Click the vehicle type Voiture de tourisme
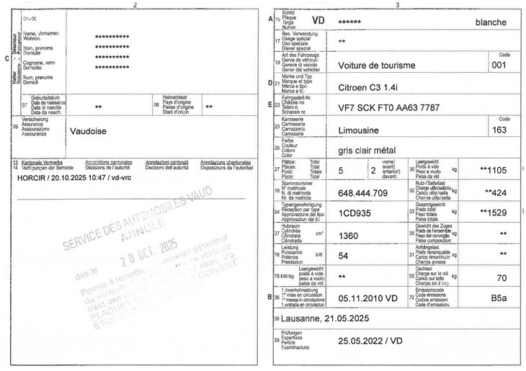377,65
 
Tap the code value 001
499,65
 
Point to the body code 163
499,130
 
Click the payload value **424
498,192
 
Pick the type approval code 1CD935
357,213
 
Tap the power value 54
344,256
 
